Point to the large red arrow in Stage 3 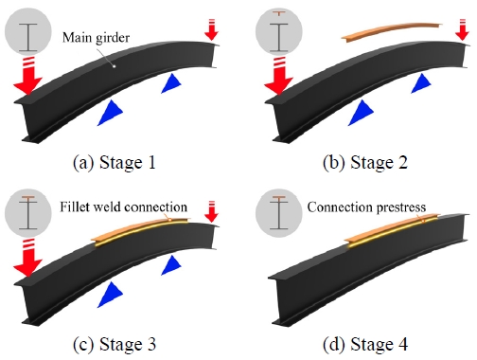27,262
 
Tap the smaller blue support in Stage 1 172,84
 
